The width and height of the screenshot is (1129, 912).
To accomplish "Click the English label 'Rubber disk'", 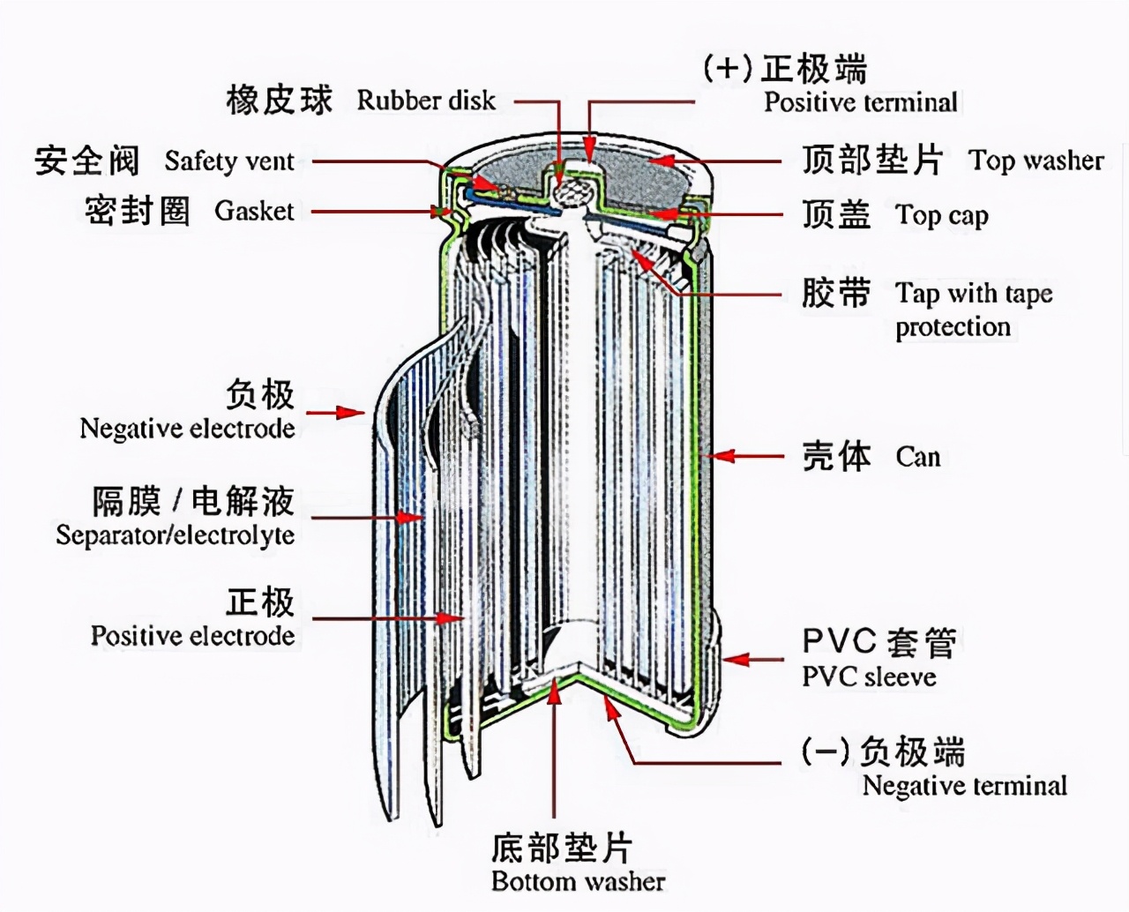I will click(x=426, y=101).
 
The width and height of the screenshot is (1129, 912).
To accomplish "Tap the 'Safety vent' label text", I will click(x=229, y=161).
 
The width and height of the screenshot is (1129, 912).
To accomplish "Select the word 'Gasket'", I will click(x=254, y=211).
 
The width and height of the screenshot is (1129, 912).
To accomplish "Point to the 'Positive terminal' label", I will click(x=860, y=102).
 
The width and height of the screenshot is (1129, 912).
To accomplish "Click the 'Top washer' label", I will click(x=1036, y=161).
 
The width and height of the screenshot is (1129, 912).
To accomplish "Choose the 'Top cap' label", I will click(x=942, y=215).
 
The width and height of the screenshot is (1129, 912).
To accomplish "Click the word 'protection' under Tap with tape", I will click(x=953, y=327).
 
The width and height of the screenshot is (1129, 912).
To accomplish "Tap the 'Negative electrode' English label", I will click(x=187, y=429).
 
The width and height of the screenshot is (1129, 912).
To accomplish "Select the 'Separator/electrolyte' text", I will click(x=175, y=535).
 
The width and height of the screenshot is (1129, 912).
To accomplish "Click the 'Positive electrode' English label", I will click(x=192, y=636).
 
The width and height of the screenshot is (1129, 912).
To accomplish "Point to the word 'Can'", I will click(x=918, y=457).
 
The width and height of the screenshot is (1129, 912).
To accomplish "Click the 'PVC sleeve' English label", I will click(x=869, y=677).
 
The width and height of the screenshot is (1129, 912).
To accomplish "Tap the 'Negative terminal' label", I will click(x=964, y=786).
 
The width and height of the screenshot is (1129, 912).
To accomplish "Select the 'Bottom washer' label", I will click(x=578, y=881).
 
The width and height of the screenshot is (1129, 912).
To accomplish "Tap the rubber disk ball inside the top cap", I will click(x=572, y=191).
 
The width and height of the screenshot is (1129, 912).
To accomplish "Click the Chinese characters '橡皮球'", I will click(x=280, y=100).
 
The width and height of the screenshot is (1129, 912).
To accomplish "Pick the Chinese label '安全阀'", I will click(x=87, y=161).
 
